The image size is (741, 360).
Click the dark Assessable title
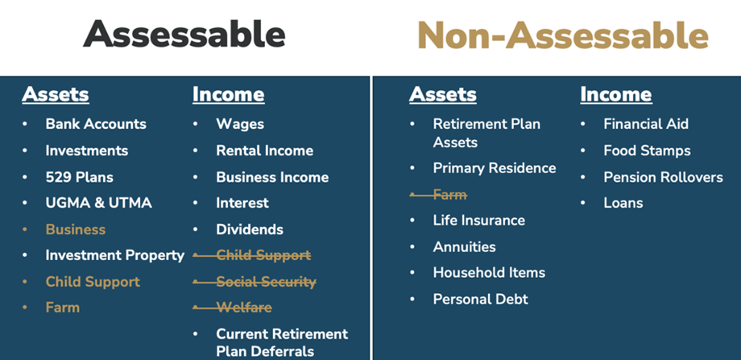[x=184, y=34]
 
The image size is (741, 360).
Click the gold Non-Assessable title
[x=563, y=35]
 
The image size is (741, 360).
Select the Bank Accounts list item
[x=96, y=124]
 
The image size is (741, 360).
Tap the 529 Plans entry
[x=80, y=177]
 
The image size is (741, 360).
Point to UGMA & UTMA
[x=99, y=203]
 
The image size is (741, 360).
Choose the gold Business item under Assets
[x=76, y=230]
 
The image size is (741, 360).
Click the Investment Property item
[x=115, y=255]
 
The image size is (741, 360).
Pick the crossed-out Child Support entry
[x=263, y=255]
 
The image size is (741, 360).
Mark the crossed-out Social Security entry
[x=266, y=282]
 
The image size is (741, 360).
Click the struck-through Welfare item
[x=244, y=308]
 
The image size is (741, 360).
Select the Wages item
[x=240, y=124]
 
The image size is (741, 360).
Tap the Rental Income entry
[x=265, y=151]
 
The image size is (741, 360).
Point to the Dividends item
[x=250, y=230]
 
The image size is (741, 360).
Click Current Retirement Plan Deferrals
[x=282, y=342]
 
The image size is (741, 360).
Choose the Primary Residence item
[x=495, y=168]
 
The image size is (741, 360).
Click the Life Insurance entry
[x=478, y=220]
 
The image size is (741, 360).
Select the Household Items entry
[x=489, y=272]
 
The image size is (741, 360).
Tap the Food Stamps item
[x=647, y=151]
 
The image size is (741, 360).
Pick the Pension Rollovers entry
[x=663, y=177]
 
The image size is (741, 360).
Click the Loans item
[x=623, y=203]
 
